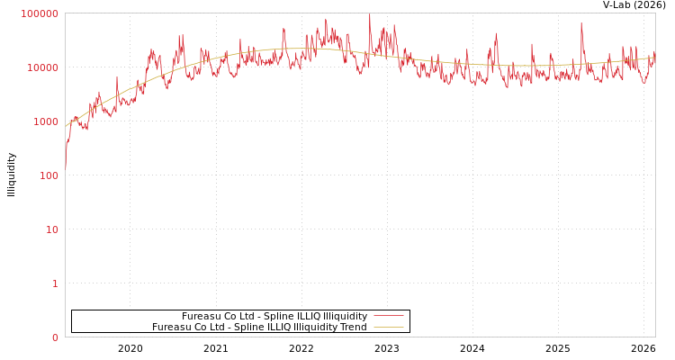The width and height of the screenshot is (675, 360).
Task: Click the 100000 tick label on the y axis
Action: (x=40, y=13)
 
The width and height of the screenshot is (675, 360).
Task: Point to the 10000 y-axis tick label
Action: (x=42, y=67)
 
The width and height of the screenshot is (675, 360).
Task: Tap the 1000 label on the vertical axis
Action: (x=45, y=121)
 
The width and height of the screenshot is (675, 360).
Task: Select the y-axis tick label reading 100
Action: (x=48, y=175)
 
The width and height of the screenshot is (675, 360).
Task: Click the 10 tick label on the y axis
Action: (x=51, y=229)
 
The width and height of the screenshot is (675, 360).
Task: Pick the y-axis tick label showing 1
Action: (x=55, y=283)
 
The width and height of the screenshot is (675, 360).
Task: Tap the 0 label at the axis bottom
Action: (x=55, y=337)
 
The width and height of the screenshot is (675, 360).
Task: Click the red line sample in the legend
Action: (x=388, y=316)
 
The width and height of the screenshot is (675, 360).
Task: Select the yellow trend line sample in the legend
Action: (x=388, y=327)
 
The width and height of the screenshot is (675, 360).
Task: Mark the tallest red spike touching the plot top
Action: (x=369, y=15)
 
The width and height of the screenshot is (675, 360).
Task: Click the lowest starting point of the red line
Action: (x=65, y=168)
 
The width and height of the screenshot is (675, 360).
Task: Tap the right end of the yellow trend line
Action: (x=654, y=58)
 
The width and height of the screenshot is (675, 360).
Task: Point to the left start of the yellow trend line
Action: (x=66, y=125)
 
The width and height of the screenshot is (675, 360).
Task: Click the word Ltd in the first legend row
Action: (x=247, y=317)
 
